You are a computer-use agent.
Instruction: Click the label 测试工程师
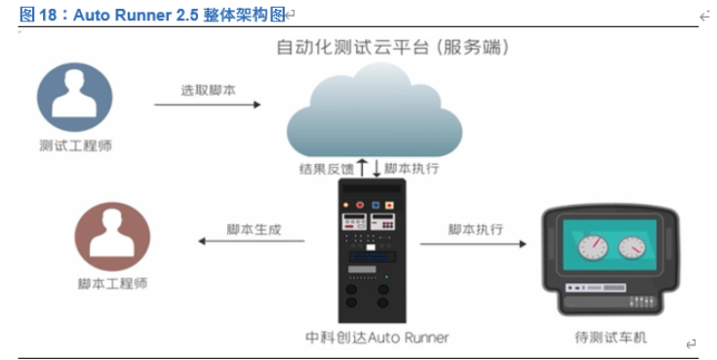[x=74, y=147]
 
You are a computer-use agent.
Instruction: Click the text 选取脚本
[x=207, y=90]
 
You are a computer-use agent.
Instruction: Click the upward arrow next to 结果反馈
[x=362, y=168]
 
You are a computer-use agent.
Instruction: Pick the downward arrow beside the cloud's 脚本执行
[x=376, y=168]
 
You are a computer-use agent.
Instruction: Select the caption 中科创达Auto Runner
[x=377, y=338]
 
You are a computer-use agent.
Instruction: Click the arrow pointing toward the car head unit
[x=475, y=243]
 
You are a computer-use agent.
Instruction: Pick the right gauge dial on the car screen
[x=638, y=246]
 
